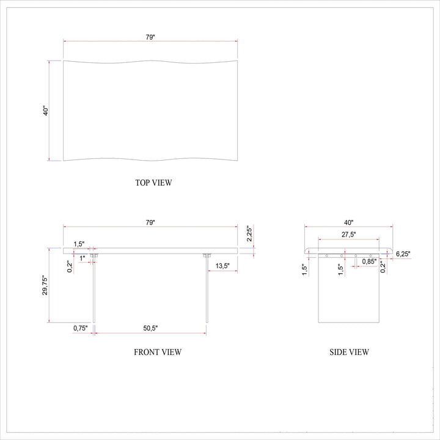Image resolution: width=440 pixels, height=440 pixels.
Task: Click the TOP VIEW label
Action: (x=153, y=183)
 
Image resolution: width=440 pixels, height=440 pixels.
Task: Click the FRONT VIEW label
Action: (x=158, y=352)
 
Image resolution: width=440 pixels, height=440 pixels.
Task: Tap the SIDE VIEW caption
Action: (x=349, y=352)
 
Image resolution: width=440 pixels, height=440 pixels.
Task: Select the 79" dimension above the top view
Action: (x=150, y=37)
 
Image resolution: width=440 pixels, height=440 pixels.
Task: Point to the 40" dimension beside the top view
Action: (x=46, y=111)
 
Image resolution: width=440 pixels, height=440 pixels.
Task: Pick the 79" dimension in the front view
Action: (x=150, y=222)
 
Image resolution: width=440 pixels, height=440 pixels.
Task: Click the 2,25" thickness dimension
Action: (x=249, y=233)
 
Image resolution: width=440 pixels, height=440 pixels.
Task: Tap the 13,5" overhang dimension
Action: (x=222, y=266)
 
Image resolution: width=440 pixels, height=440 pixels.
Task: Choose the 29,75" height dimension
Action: (x=45, y=285)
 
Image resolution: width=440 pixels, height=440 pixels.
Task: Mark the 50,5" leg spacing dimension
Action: (x=150, y=328)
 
